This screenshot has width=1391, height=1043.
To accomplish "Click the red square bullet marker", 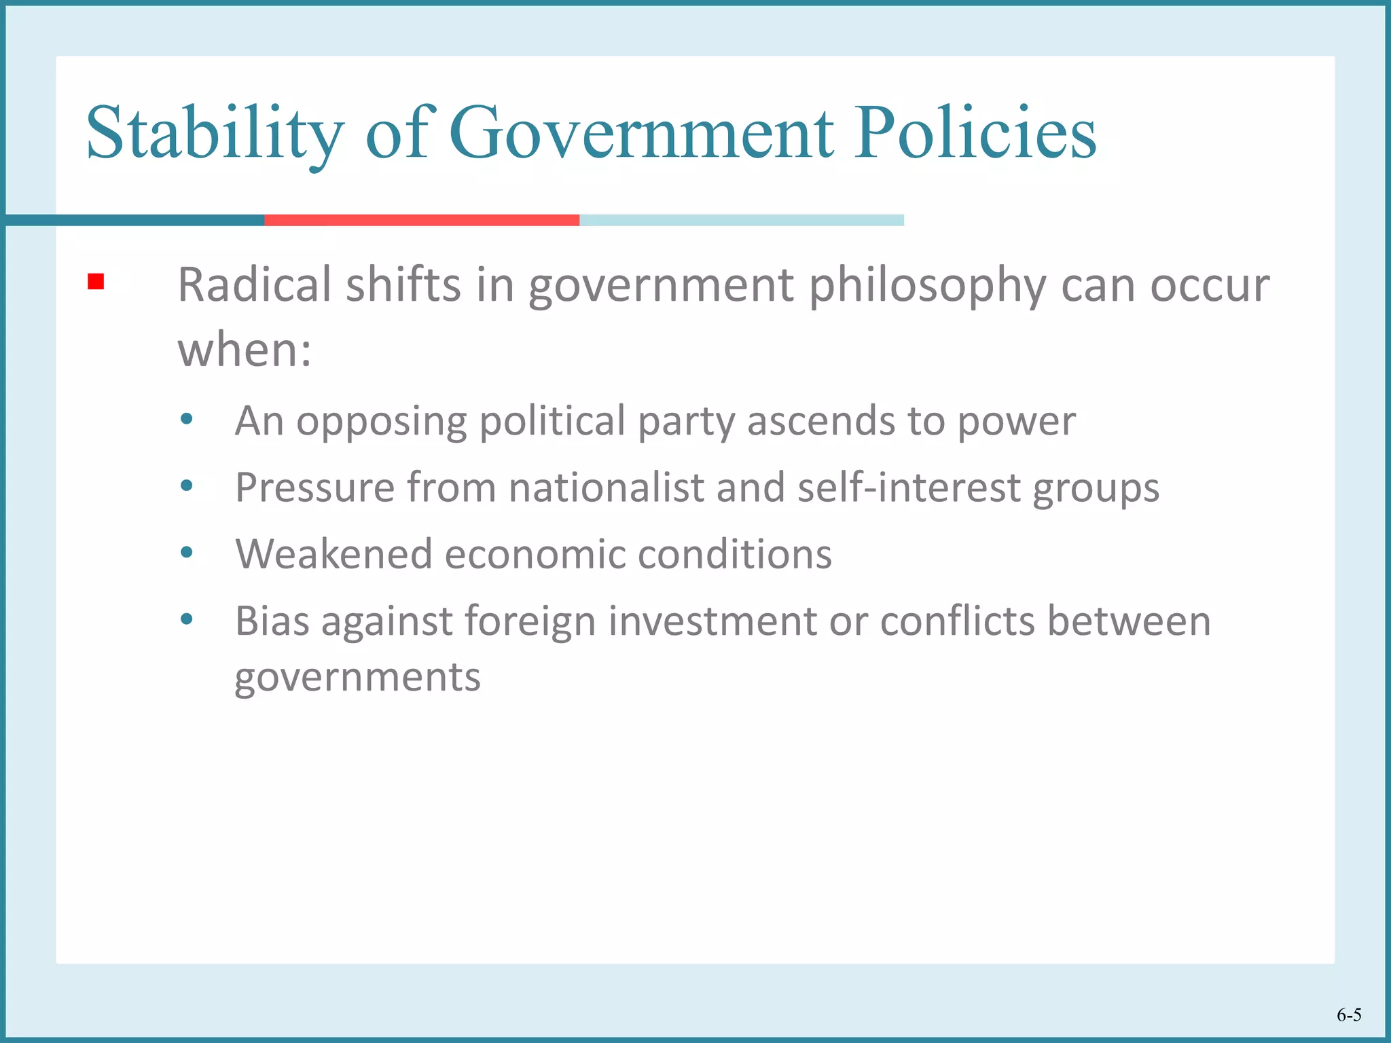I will point(96,281).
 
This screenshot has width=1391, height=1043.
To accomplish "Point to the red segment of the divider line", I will point(421,220).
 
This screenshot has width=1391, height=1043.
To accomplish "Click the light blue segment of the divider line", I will point(741,220).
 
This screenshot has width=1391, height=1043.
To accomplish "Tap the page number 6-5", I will point(1349,1014).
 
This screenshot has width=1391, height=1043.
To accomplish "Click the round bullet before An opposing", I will point(187,419).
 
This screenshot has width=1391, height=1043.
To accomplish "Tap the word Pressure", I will point(314,488).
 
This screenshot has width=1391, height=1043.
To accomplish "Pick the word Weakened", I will point(333,554).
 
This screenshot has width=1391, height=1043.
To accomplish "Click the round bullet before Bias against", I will point(187,619).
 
